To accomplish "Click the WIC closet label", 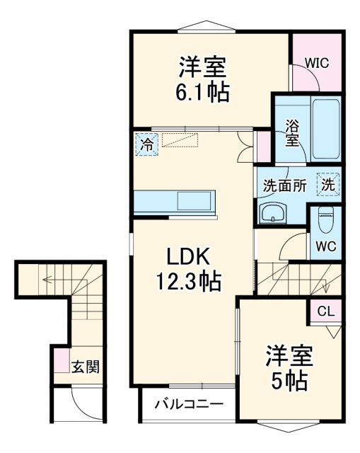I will tap(316, 62).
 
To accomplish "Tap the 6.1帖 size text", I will tap(202, 92).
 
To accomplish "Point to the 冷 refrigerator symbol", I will tap(146, 145).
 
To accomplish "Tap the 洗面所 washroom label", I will tap(284, 185).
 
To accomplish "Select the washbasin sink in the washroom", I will tap(272, 212).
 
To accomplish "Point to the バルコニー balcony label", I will tap(189, 405).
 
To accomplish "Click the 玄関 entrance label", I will tap(85, 367).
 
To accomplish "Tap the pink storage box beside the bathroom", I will tap(263, 146).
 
